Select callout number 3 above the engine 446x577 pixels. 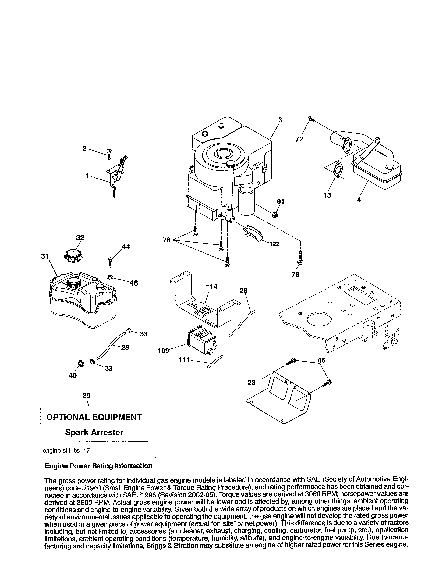click(x=280, y=120)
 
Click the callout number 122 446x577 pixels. click(x=274, y=244)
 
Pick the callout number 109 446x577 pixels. click(x=163, y=351)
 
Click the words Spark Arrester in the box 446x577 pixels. click(x=94, y=432)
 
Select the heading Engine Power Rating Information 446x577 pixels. click(x=98, y=466)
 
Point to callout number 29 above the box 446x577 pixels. click(x=86, y=396)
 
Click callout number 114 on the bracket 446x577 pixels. click(x=212, y=286)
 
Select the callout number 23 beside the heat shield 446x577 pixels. click(x=252, y=382)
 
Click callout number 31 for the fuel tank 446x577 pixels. click(x=45, y=256)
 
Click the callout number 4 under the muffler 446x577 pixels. click(x=359, y=200)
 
